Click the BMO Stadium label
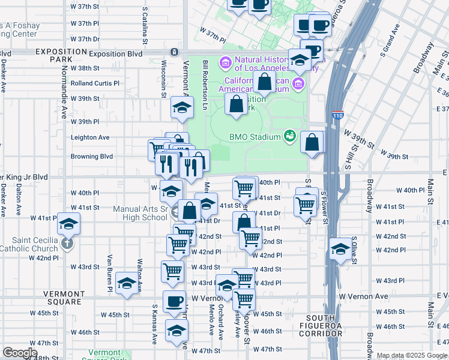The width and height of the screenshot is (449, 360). pos(255,137)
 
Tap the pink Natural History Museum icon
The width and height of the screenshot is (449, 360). pos(226,62)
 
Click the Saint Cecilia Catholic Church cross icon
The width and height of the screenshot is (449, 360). pos(68,244)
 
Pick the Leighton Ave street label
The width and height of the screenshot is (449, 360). pos(89,137)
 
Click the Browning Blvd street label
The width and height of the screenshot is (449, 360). pos(91,157)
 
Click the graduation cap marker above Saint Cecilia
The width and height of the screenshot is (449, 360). pos(68,224)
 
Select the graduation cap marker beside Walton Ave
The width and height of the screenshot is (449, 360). pos(127,284)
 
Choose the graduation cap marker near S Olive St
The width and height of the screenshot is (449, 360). pos(340,249)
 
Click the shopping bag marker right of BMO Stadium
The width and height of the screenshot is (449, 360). pos(312,143)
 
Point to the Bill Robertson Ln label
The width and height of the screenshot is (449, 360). pos(205,80)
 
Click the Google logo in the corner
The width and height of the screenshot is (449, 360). pos(20,353)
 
